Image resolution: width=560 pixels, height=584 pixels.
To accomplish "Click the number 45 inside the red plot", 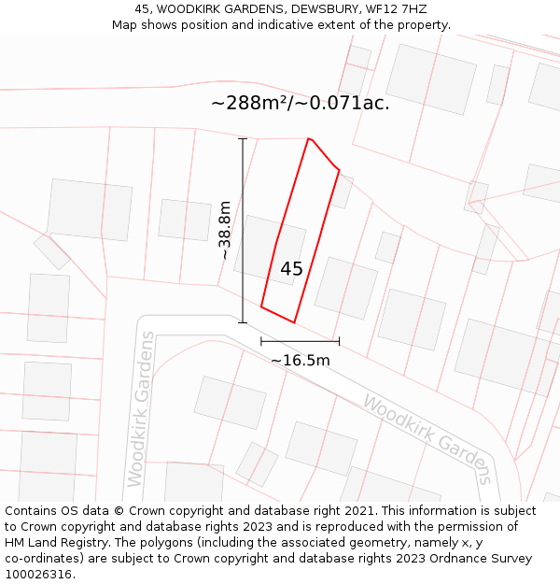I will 291,269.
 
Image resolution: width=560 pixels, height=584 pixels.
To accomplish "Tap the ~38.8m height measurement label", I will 225,231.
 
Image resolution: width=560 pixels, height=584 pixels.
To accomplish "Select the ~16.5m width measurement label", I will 300,361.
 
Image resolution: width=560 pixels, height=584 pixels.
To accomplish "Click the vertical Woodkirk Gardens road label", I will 141,408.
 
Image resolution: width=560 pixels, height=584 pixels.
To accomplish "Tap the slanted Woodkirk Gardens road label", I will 427,439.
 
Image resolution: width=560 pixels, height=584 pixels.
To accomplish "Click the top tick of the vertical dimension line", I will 243,139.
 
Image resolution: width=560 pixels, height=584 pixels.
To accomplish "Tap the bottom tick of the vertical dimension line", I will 243,323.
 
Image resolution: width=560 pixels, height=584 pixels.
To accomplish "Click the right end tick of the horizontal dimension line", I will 339,342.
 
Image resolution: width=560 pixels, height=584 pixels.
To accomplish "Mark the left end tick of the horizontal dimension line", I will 261,342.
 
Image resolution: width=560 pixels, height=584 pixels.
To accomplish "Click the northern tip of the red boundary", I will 309,139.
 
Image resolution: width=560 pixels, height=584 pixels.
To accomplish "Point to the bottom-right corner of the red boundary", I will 294,322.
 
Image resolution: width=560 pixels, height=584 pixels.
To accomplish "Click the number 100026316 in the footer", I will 39,575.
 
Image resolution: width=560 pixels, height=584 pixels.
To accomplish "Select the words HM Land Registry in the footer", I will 52,543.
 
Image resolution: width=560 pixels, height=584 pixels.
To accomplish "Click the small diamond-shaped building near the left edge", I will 52,251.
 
